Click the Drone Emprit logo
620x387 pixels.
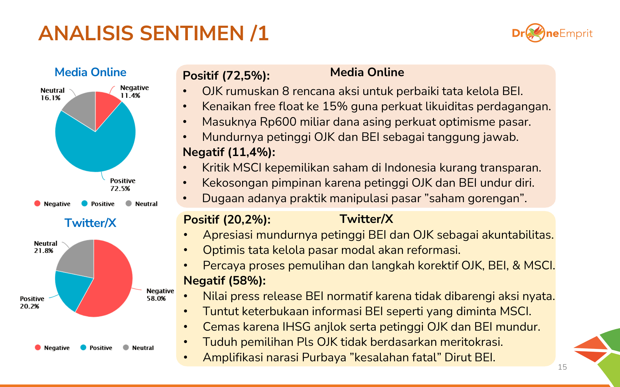pyautogui.click(x=552, y=33)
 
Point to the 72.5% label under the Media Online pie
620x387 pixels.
pyautogui.click(x=120, y=189)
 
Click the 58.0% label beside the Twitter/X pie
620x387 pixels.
pyautogui.click(x=156, y=298)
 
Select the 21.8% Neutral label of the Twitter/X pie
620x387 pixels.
pyautogui.click(x=44, y=250)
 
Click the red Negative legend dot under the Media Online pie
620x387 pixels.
pyautogui.click(x=38, y=203)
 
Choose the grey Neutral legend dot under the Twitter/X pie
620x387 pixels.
pyautogui.click(x=126, y=347)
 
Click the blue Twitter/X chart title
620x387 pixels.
pyautogui.click(x=91, y=223)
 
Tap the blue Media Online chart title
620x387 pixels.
pyautogui.click(x=91, y=72)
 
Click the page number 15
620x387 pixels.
pyautogui.click(x=562, y=367)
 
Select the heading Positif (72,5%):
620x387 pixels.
pyautogui.click(x=226, y=76)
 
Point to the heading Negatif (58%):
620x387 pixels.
pyautogui.click(x=225, y=280)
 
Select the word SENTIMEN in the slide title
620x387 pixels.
pyautogui.click(x=192, y=33)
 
